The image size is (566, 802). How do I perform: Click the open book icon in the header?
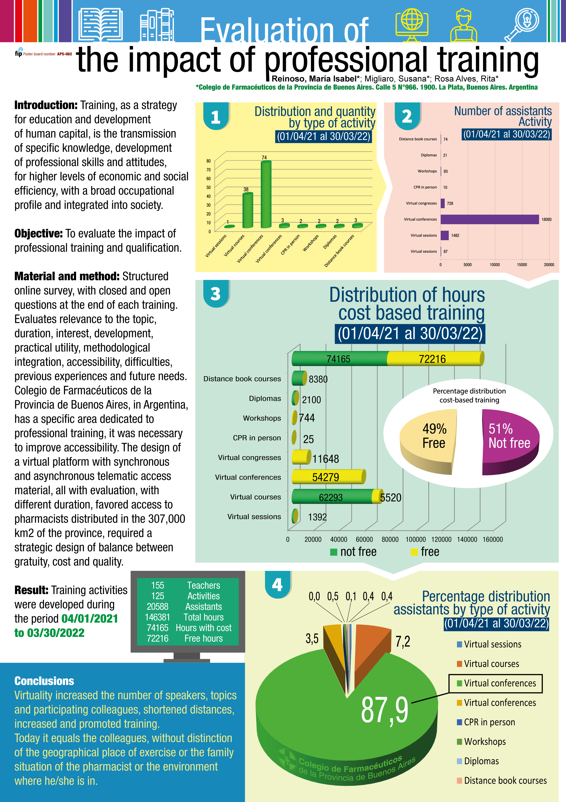click(x=101, y=25)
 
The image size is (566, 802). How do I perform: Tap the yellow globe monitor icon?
click(x=412, y=24)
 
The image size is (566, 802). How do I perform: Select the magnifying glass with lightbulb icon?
click(x=522, y=24)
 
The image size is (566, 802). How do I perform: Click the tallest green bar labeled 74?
click(x=266, y=194)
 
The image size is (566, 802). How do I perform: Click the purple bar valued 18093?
click(x=489, y=219)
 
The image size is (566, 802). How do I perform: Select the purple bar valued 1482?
click(x=445, y=235)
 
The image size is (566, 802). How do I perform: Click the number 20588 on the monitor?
click(x=157, y=607)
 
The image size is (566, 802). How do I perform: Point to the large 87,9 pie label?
click(x=384, y=710)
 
